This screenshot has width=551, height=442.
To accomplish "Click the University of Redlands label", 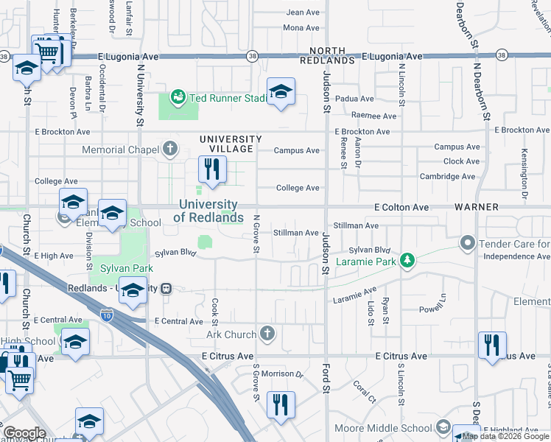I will [x=208, y=211].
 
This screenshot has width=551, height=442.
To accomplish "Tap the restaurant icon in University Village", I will [x=211, y=171].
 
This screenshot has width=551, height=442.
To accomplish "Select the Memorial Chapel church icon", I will [x=170, y=150].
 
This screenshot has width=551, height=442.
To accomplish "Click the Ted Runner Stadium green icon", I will [x=177, y=97].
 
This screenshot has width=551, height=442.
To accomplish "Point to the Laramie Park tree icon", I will [x=406, y=260].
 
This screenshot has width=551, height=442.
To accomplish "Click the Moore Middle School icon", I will [x=443, y=427].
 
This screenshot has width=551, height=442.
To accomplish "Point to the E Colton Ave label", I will [x=401, y=208].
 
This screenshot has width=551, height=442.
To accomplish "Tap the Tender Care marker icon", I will [x=467, y=242].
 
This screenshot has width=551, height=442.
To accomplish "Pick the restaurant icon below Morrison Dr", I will [x=281, y=404].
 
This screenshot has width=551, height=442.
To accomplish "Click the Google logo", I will [x=24, y=433].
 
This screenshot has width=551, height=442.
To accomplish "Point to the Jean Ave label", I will [x=302, y=13].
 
